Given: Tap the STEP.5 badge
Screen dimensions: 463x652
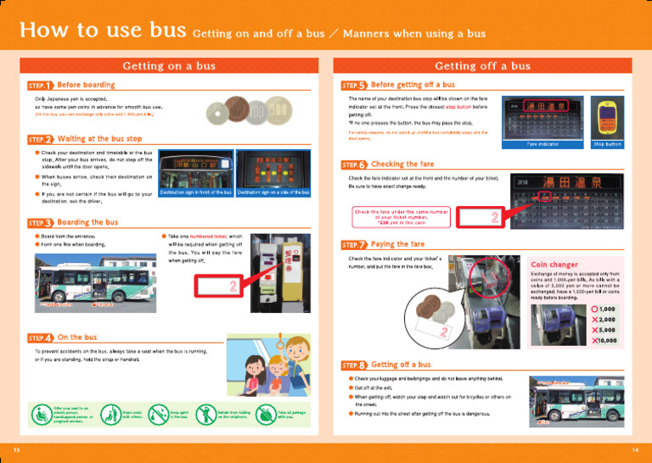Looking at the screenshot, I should pyautogui.click(x=353, y=85).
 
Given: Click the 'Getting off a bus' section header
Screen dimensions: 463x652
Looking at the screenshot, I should pyautogui.click(x=482, y=65).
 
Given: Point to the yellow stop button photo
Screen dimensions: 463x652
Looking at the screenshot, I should pyautogui.click(x=607, y=118).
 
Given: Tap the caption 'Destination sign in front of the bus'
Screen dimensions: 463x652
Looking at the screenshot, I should pyautogui.click(x=196, y=193).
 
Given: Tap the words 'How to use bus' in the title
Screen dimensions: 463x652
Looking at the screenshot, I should pyautogui.click(x=103, y=31).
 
